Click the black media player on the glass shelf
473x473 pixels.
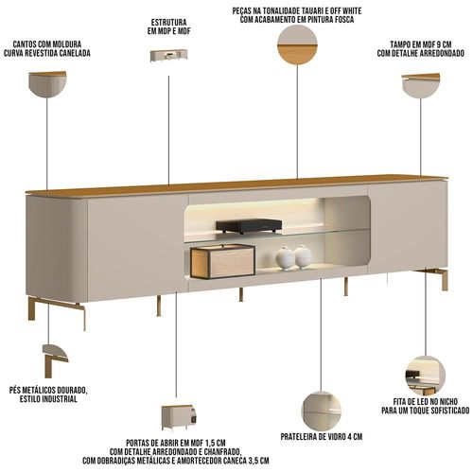click(249, 226)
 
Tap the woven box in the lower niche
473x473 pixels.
click(222, 262)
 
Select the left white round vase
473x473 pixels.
click(285, 258)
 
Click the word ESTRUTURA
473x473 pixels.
click(168, 23)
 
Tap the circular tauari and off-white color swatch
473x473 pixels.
click(297, 44)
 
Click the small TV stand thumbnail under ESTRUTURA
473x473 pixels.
click(169, 55)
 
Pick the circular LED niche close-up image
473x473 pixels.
click(426, 376)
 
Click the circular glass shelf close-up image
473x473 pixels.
click(322, 412)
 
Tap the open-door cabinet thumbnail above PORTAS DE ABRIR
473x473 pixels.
click(179, 417)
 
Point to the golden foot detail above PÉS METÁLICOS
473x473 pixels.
click(55, 360)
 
